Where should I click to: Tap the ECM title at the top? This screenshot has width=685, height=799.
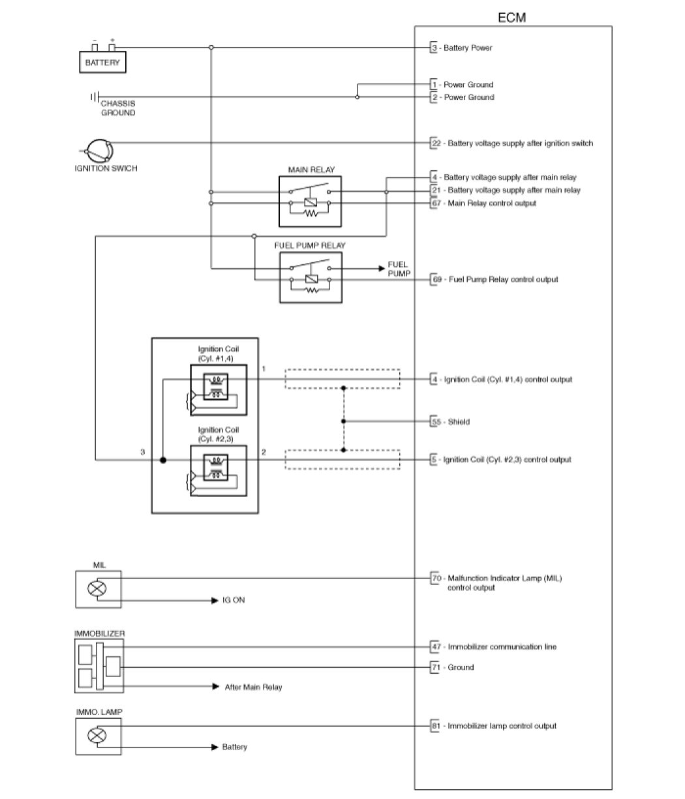tap(512, 18)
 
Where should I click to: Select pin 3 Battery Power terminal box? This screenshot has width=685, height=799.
tap(434, 48)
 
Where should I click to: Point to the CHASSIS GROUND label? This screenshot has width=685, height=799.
tap(117, 108)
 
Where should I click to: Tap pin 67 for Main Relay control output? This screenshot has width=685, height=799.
tap(435, 204)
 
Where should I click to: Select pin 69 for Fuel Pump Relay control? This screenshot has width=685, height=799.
tap(435, 279)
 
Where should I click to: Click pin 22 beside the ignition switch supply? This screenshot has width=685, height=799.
tap(435, 143)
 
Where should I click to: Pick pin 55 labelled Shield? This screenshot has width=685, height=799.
tap(435, 421)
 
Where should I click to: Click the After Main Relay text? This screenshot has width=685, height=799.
tap(253, 687)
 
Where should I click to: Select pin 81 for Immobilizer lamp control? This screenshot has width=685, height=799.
tap(435, 725)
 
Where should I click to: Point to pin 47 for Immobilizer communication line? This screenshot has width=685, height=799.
tap(435, 646)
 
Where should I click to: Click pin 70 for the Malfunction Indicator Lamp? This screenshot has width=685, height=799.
tap(435, 578)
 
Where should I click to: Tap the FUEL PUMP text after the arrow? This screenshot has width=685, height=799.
tap(398, 268)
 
